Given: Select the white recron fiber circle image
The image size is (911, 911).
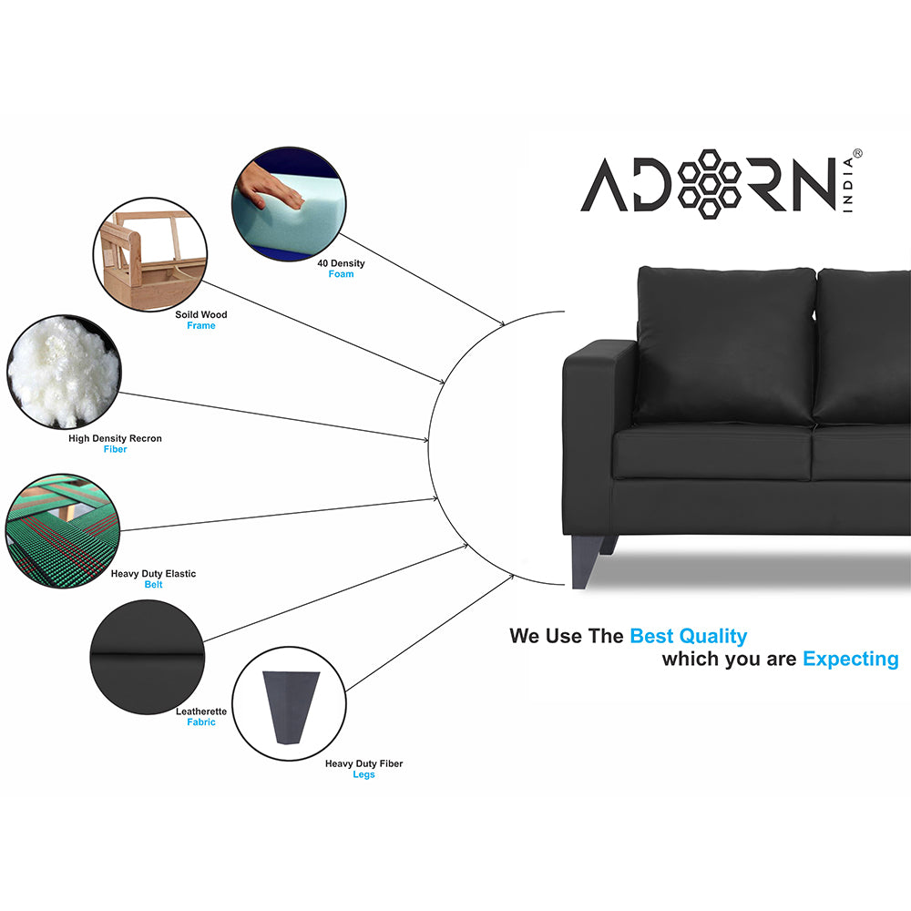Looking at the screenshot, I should pyautogui.click(x=64, y=372).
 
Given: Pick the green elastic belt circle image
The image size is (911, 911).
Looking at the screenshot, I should pyautogui.click(x=62, y=528).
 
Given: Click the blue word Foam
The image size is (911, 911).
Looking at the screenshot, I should pyautogui.click(x=341, y=274).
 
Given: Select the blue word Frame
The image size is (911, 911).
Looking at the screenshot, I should pyautogui.click(x=201, y=326).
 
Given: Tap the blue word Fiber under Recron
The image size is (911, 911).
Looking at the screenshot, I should pyautogui.click(x=115, y=449).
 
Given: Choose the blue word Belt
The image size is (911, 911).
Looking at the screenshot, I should pyautogui.click(x=153, y=585).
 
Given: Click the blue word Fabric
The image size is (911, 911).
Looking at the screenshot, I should pyautogui.click(x=201, y=722).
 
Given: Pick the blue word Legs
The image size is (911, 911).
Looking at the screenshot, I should pyautogui.click(x=363, y=774).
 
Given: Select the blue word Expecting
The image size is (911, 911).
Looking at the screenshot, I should pyautogui.click(x=850, y=659).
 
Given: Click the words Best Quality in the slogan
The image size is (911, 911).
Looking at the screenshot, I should pyautogui.click(x=688, y=636).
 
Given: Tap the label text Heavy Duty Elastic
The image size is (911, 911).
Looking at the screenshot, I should pyautogui.click(x=153, y=574).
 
